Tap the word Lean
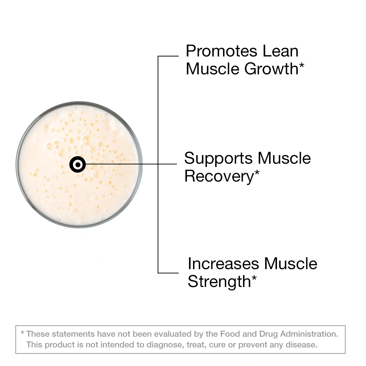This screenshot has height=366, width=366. (x=281, y=51)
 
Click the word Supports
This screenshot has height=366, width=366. (x=218, y=158)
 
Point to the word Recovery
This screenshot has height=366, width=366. (x=219, y=177)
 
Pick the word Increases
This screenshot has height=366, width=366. (x=223, y=264)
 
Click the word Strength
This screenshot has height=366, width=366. (x=219, y=282)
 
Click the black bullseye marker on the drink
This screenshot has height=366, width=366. (x=78, y=164)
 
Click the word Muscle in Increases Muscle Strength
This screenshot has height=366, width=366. (x=291, y=264)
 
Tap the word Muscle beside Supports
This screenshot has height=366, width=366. (x=284, y=158)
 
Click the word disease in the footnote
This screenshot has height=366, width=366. (x=303, y=345)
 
